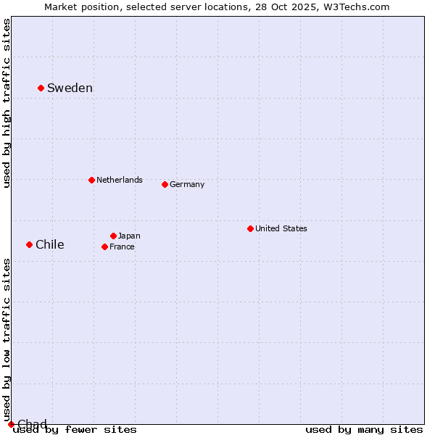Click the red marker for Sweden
41,88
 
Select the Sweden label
70,88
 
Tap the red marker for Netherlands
91,180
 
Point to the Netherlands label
119,180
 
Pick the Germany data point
165,184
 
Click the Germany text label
187,184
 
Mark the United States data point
250,228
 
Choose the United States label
281,228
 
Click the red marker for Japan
113,236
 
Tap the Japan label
129,236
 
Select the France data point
104,246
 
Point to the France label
122,246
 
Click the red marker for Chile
29,244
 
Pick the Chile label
49,245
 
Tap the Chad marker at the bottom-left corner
11,424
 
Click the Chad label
32,424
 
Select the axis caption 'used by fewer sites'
75,430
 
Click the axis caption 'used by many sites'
364,430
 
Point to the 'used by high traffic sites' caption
7,103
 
